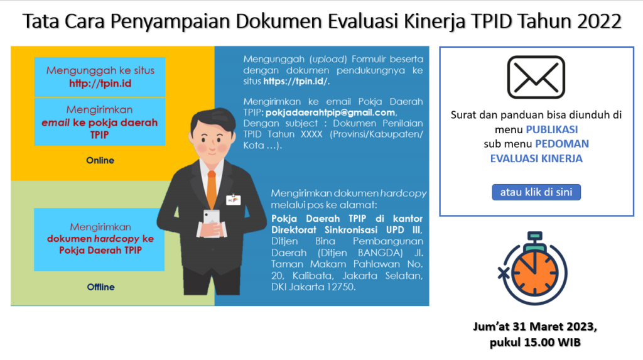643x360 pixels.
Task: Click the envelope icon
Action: [536, 77]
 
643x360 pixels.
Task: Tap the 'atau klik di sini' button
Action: [536, 192]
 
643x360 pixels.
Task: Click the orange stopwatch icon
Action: [534, 268]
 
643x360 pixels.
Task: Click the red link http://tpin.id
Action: [100, 84]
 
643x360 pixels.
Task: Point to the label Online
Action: [100, 160]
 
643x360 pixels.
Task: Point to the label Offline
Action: [100, 287]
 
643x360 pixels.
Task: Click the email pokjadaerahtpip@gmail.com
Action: [330, 112]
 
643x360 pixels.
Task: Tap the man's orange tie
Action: [212, 190]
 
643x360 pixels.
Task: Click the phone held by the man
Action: [212, 222]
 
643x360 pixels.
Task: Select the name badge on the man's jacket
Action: [234, 200]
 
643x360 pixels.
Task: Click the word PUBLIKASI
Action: [551, 129]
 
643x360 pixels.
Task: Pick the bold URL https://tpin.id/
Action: [296, 81]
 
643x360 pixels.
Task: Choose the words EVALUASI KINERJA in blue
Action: [536, 158]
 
